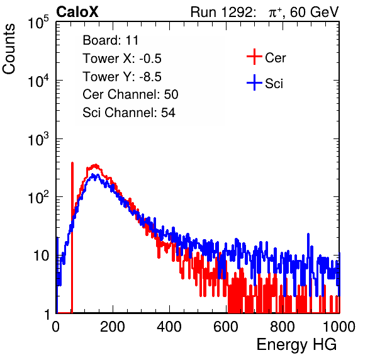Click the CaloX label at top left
[x=77, y=12]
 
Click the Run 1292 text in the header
[x=221, y=12]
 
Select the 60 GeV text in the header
[x=314, y=12]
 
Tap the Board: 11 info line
[x=111, y=40]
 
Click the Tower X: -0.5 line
[x=122, y=59]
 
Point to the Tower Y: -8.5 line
[x=122, y=77]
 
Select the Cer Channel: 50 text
[x=130, y=94]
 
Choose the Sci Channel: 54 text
[x=129, y=113]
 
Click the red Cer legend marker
[x=254, y=57]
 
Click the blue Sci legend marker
[x=254, y=82]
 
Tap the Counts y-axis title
[x=9, y=49]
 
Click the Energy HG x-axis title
[x=296, y=345]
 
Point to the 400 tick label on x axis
[x=169, y=327]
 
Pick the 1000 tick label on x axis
[x=339, y=327]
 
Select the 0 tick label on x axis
[x=56, y=327]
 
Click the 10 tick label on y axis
[x=41, y=256]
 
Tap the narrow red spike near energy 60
[x=72, y=237]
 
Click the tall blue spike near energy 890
[x=308, y=263]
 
